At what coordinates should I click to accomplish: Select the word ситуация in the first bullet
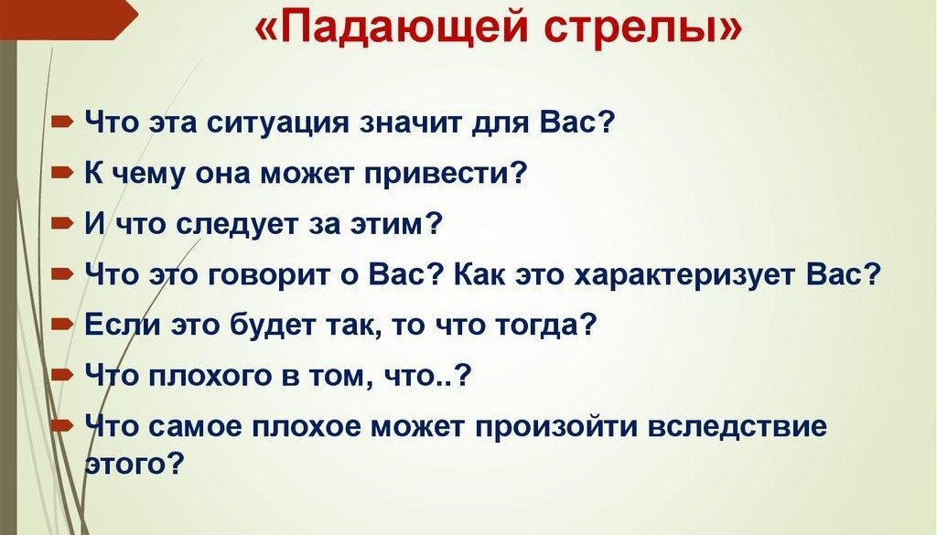coord(277,123)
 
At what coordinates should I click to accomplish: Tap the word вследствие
coord(738,427)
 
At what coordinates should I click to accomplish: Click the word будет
coord(271,326)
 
